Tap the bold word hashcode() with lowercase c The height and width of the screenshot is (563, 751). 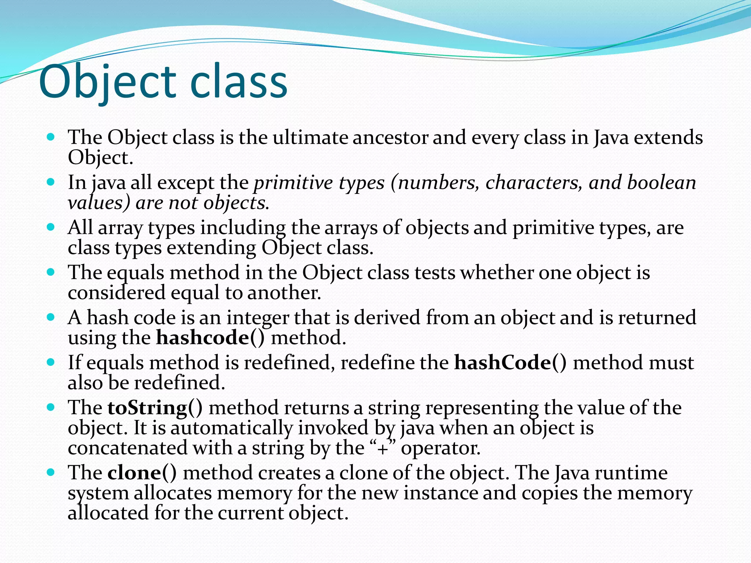[210, 337]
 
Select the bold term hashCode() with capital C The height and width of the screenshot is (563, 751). [510, 363]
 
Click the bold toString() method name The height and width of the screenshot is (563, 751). [154, 408]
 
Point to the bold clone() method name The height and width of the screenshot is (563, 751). [142, 472]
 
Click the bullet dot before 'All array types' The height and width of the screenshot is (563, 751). [51, 227]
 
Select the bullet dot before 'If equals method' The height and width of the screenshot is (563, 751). [51, 363]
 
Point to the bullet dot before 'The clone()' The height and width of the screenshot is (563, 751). [51, 472]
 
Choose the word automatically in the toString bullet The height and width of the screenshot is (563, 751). [231, 428]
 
